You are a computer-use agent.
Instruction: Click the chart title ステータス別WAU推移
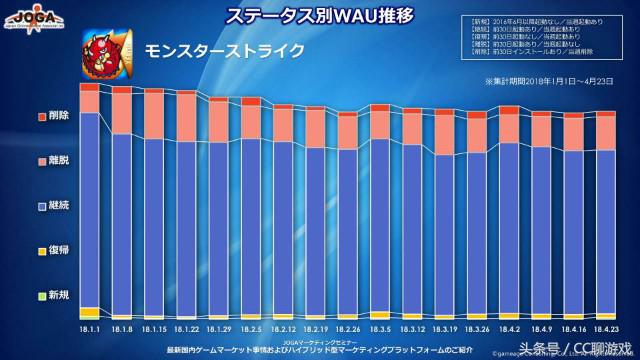(318, 17)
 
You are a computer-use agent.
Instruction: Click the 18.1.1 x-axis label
(88, 328)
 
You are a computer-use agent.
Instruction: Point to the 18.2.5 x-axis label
(251, 328)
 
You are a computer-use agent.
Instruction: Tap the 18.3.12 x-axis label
(412, 328)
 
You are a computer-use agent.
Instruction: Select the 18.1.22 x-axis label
(186, 328)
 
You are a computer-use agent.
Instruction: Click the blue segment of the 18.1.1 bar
(88, 210)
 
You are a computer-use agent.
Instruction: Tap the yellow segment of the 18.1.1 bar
(88, 312)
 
